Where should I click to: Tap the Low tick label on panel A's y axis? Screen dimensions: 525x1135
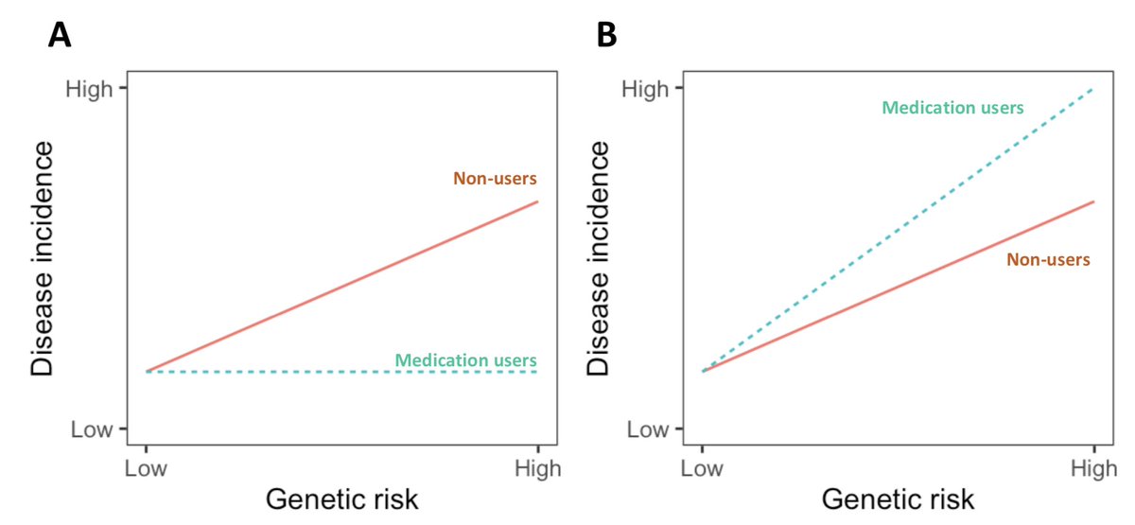(x=91, y=429)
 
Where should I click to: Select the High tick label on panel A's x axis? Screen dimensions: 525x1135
(x=538, y=468)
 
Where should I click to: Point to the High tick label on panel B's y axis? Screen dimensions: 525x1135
(x=644, y=90)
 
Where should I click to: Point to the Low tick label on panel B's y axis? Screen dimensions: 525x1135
(x=647, y=429)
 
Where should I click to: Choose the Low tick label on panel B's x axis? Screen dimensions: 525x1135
(x=702, y=468)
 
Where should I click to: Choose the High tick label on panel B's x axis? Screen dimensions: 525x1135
(x=1094, y=468)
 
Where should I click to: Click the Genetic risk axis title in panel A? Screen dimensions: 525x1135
(x=341, y=499)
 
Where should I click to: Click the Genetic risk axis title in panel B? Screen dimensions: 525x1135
(x=898, y=499)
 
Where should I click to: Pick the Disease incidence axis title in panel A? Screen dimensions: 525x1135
(x=44, y=259)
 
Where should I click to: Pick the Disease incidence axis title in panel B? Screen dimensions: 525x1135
(x=600, y=259)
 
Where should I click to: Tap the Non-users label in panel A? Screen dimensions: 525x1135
(x=495, y=178)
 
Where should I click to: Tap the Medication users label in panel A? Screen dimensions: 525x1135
(x=465, y=360)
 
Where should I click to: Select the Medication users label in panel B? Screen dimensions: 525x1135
(x=952, y=108)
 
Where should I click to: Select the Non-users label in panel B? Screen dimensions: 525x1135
(x=1048, y=259)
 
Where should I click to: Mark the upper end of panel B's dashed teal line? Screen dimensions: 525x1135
(x=1093, y=89)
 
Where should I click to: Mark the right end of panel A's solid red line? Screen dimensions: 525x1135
(x=538, y=201)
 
